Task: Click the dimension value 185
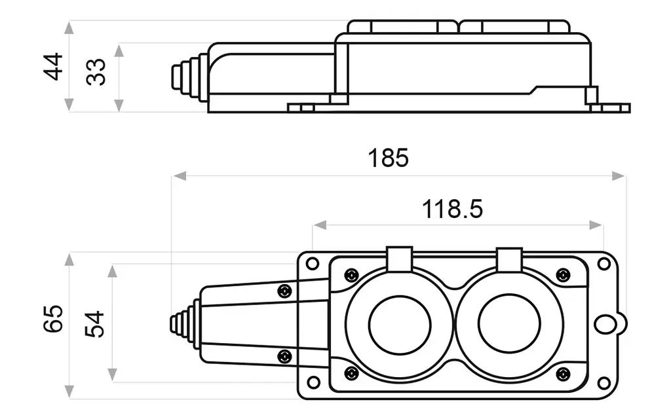tap(388, 158)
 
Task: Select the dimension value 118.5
tap(452, 209)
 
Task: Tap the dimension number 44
tap(54, 67)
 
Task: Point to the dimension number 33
tap(96, 72)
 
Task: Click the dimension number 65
tap(54, 319)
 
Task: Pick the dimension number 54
tap(94, 324)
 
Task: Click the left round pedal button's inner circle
tap(400, 325)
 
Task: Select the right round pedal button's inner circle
tap(509, 323)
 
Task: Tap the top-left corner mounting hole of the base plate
tap(313, 263)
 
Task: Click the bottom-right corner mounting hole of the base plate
tap(604, 382)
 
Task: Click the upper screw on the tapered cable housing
tap(284, 291)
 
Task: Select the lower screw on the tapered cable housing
tap(284, 355)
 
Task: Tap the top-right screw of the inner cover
tap(563, 275)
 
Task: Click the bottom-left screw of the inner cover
tap(351, 373)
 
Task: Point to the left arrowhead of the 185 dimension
tap(180, 175)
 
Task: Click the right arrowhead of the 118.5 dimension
tap(596, 225)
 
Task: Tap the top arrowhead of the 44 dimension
tap(69, 27)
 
